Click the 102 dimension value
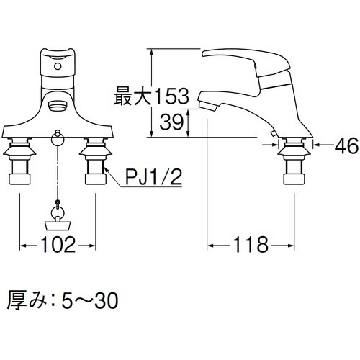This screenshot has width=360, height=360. tap(58, 245)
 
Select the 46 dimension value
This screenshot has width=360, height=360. tap(346, 146)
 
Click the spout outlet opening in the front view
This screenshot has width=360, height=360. tap(58, 107)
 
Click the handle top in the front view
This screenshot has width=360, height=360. tap(58, 55)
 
